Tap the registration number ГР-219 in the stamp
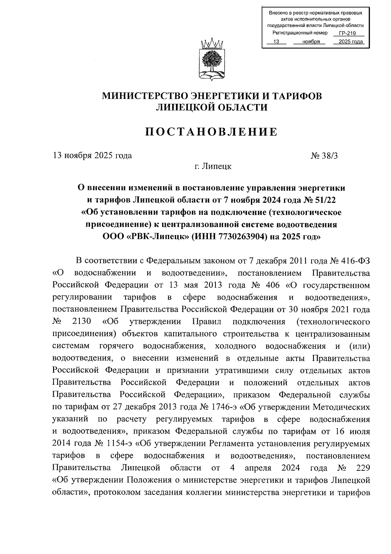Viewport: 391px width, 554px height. click(x=347, y=33)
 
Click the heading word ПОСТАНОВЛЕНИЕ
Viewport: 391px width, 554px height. click(x=211, y=132)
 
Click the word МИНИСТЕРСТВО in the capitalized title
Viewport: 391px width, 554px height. click(x=145, y=96)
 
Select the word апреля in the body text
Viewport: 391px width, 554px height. click(x=258, y=468)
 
